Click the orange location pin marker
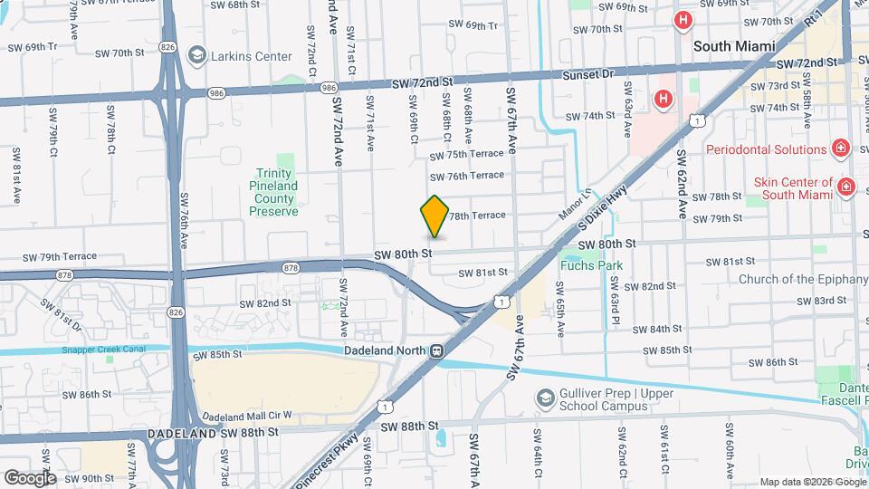pyautogui.click(x=435, y=216)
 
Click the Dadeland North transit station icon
pyautogui.click(x=437, y=351)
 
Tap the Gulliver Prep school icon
pyautogui.click(x=546, y=398)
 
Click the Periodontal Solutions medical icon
pyautogui.click(x=841, y=149)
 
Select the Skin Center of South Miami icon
pyautogui.click(x=847, y=187)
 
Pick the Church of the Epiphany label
pyautogui.click(x=803, y=279)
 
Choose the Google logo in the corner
pyautogui.click(x=30, y=477)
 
